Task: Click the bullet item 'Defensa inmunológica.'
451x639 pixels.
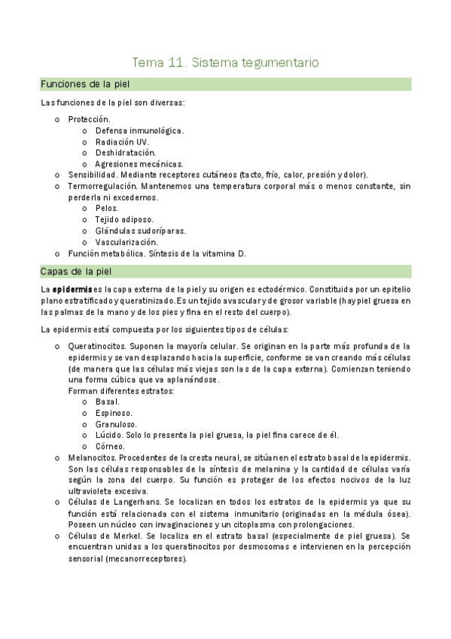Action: click(x=139, y=130)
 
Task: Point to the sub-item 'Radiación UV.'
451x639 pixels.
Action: click(x=121, y=142)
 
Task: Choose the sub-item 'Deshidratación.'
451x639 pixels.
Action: click(x=125, y=153)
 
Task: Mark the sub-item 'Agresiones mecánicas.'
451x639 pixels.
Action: click(x=139, y=164)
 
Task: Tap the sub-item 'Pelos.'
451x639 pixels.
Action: click(x=108, y=208)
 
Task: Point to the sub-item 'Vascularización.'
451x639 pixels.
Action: click(x=126, y=242)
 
